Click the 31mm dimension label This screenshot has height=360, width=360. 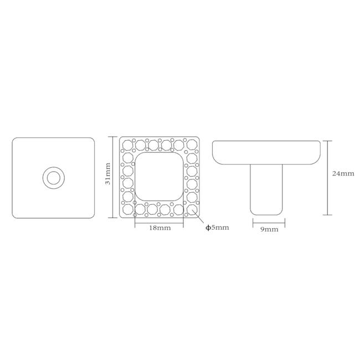click(x=107, y=173)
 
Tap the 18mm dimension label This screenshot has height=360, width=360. click(x=160, y=228)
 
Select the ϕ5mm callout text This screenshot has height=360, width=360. click(x=217, y=228)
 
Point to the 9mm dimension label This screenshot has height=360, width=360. click(x=269, y=229)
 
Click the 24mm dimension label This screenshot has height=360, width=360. click(x=343, y=173)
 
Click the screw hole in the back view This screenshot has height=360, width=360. click(x=54, y=178)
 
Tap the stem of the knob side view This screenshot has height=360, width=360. click(x=266, y=189)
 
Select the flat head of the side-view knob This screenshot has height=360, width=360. click(x=266, y=152)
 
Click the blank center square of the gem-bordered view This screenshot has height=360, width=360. click(x=159, y=177)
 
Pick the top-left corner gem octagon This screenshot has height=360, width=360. click(x=127, y=145)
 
